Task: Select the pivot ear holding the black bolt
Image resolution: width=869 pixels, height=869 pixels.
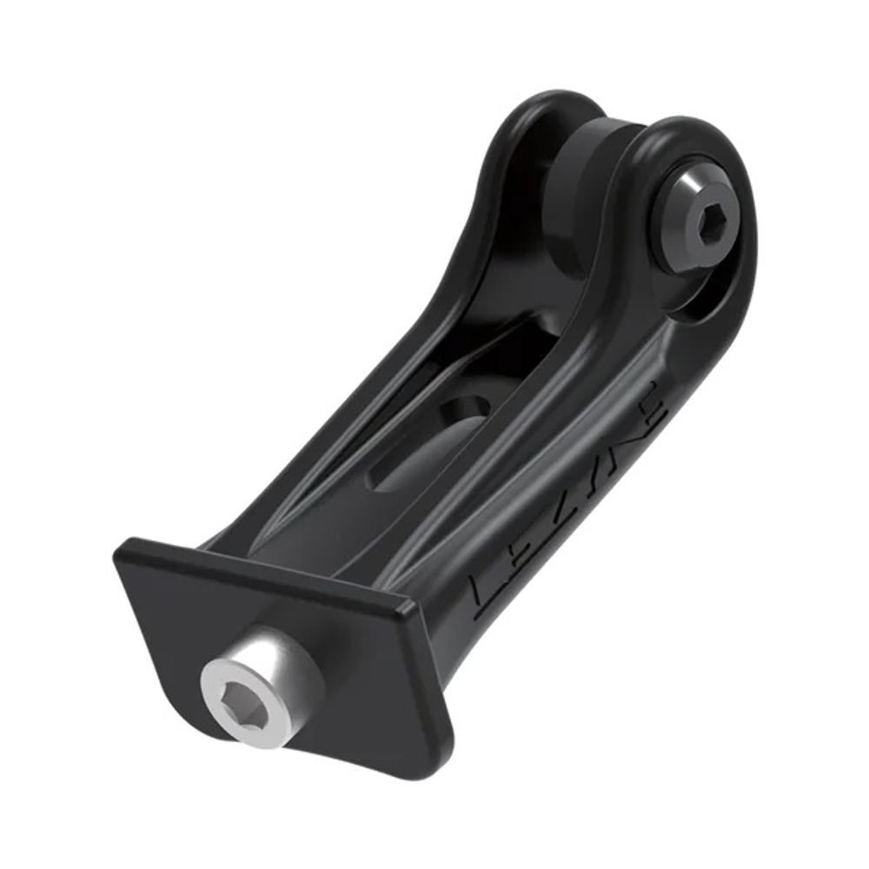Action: (x=695, y=156)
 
